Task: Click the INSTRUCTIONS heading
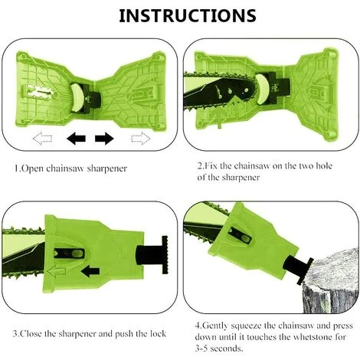click(188, 16)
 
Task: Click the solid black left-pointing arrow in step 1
click(76, 139)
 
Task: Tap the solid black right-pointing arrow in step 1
click(104, 139)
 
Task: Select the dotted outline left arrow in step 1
click(43, 139)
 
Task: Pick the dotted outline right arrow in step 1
click(141, 139)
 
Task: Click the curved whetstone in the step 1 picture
click(76, 98)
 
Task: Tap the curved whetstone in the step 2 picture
click(262, 89)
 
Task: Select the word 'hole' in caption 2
click(324, 166)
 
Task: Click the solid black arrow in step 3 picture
click(90, 271)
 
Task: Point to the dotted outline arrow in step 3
click(57, 271)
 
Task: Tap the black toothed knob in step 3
click(165, 254)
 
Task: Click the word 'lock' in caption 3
click(157, 334)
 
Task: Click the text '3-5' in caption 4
click(201, 349)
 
